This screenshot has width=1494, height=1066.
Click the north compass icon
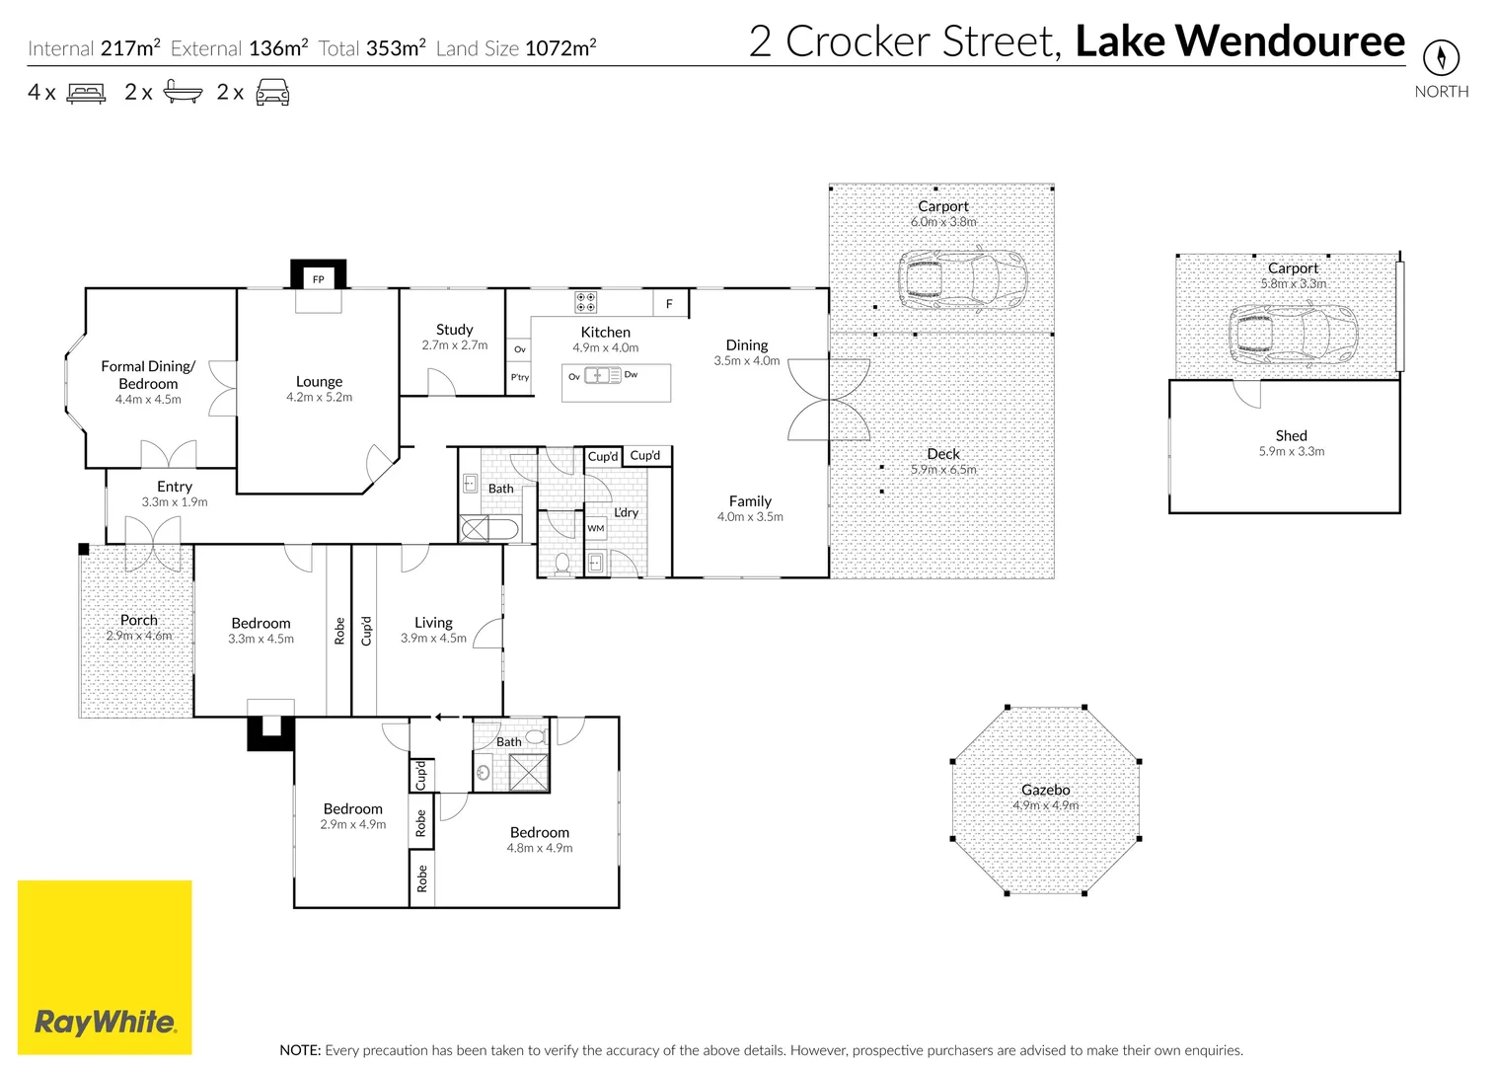coord(1441,56)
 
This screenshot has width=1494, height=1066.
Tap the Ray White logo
coord(105,1022)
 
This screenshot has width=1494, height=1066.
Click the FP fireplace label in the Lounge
coord(319,279)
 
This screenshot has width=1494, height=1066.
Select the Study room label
coord(454,330)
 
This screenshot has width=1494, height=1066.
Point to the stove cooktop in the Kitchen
coord(585,301)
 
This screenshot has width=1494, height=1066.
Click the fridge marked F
coord(669,304)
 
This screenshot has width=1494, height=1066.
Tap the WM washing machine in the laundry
coord(596,529)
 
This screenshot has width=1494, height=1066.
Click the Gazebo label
coord(1045,790)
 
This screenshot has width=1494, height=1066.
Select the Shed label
coord(1291,435)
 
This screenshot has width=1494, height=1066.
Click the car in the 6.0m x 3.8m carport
coord(962,279)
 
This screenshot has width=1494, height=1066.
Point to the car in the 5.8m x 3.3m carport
coord(1293,333)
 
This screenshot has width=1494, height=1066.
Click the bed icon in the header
coord(86,94)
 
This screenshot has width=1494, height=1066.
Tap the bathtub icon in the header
coord(183,93)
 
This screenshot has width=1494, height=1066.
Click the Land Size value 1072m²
coord(560,48)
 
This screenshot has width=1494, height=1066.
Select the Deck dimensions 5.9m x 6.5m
coord(942,470)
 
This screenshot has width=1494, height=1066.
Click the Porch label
coord(139,620)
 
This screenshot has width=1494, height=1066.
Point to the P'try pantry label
coord(519,377)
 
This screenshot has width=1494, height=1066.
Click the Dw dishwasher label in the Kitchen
coord(631,375)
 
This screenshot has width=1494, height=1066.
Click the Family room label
coord(750,501)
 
